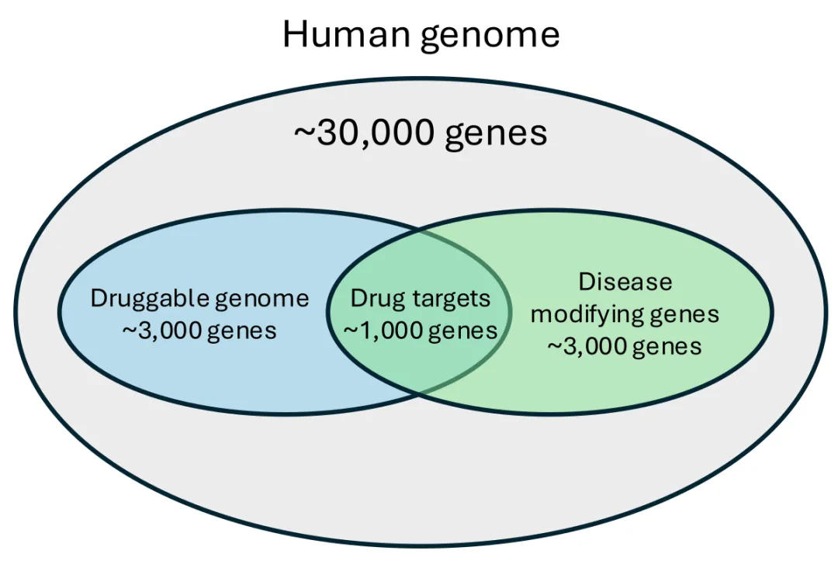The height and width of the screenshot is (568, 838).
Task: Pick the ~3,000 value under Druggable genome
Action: pos(158,331)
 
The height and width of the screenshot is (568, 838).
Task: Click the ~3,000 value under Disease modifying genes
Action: pos(584,346)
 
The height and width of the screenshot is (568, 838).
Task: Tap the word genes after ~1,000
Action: pos(462,331)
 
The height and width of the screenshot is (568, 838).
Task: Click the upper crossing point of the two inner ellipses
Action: pos(420,230)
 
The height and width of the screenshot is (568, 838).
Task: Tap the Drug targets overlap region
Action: pos(420,357)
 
